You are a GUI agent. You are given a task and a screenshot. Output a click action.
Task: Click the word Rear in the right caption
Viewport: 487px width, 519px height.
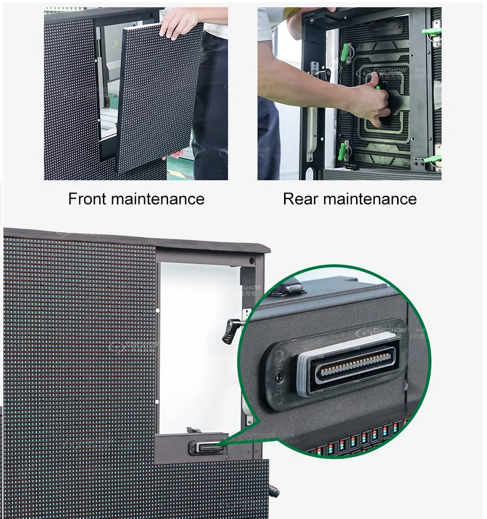(x=300, y=199)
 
